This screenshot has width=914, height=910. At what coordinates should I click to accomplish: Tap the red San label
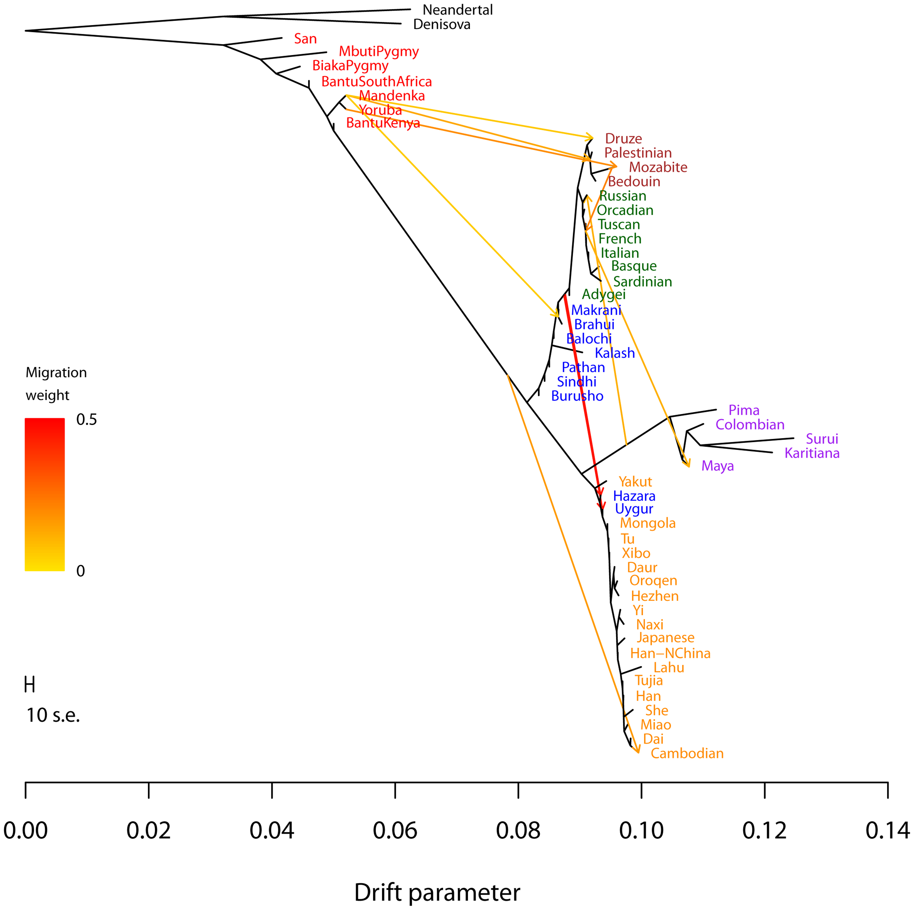tap(305, 39)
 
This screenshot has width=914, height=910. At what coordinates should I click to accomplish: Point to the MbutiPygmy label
tap(379, 51)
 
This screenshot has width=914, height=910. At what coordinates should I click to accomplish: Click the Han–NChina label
tap(670, 654)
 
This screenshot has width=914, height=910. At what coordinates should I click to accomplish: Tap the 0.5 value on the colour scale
tap(87, 420)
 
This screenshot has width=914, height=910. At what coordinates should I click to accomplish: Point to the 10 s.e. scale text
tap(53, 715)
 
